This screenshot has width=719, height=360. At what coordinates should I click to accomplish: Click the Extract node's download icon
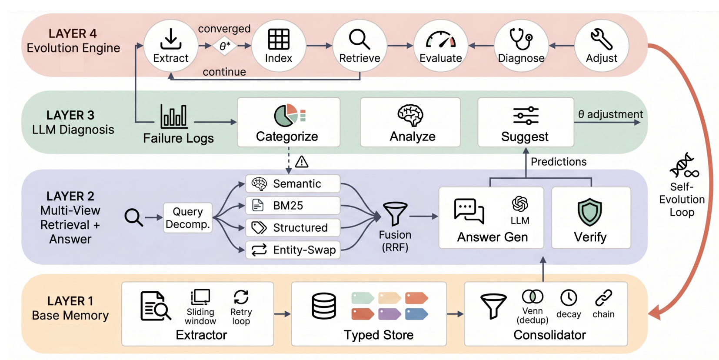[x=171, y=39]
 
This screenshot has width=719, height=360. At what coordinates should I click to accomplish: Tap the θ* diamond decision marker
[x=225, y=46]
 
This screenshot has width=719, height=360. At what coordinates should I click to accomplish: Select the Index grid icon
[x=278, y=39]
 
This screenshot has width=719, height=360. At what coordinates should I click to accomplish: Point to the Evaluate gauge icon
[x=441, y=40]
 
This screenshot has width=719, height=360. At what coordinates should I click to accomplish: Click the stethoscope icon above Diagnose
[x=521, y=39]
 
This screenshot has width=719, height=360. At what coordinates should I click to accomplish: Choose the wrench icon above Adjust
[x=602, y=39]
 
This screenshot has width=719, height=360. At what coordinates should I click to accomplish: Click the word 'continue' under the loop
[x=224, y=72]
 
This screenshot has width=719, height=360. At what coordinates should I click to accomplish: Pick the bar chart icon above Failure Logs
[x=173, y=116]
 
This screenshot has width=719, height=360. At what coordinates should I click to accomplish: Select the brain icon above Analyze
[x=410, y=115]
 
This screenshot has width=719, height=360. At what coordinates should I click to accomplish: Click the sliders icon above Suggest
[x=526, y=116]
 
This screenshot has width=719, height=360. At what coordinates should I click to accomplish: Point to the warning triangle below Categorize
[x=302, y=162]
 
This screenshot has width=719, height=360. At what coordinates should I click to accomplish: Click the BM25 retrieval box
[x=293, y=206]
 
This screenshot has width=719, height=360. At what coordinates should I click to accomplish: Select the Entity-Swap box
[x=293, y=250]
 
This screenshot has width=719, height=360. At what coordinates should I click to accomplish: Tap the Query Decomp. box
[x=188, y=218]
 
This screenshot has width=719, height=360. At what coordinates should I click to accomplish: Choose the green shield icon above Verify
[x=589, y=212]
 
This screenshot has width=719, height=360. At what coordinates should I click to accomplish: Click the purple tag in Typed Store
[x=389, y=314]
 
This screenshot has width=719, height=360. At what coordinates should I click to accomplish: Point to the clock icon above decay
[x=569, y=298]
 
